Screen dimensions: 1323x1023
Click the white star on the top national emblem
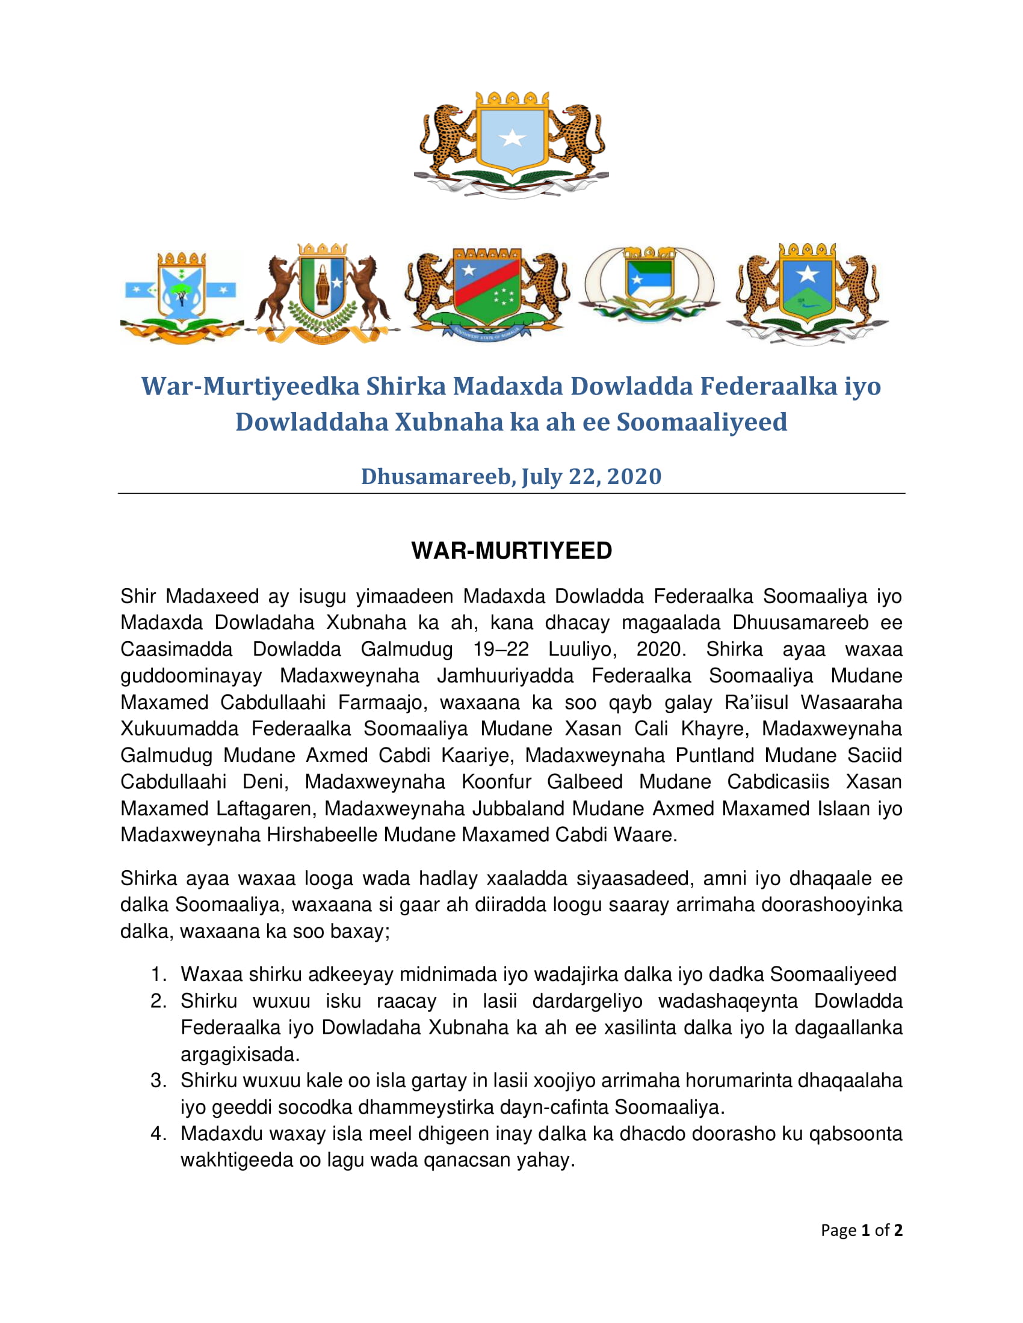(x=512, y=138)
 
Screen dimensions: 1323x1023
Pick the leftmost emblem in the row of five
(x=181, y=297)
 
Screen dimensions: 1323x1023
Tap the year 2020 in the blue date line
(x=634, y=476)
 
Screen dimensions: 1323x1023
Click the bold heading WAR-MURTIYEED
(x=512, y=551)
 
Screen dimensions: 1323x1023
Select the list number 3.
(x=158, y=1081)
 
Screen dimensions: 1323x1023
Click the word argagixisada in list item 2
(x=240, y=1054)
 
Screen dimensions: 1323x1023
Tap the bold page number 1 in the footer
(x=865, y=1230)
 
